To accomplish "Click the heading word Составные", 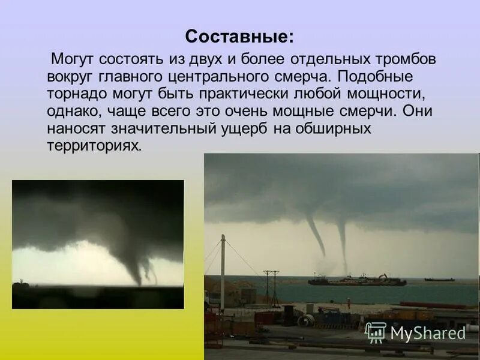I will tap(239, 37).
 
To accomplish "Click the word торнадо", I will tap(75, 94).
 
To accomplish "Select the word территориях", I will tap(95, 146).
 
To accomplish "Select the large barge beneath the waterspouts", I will tap(357, 280).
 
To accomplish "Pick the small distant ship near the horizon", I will tap(439, 279).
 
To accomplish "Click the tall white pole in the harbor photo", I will tap(223, 273).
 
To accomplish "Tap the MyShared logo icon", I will tap(376, 332).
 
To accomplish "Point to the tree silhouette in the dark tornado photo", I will tap(21, 281).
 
